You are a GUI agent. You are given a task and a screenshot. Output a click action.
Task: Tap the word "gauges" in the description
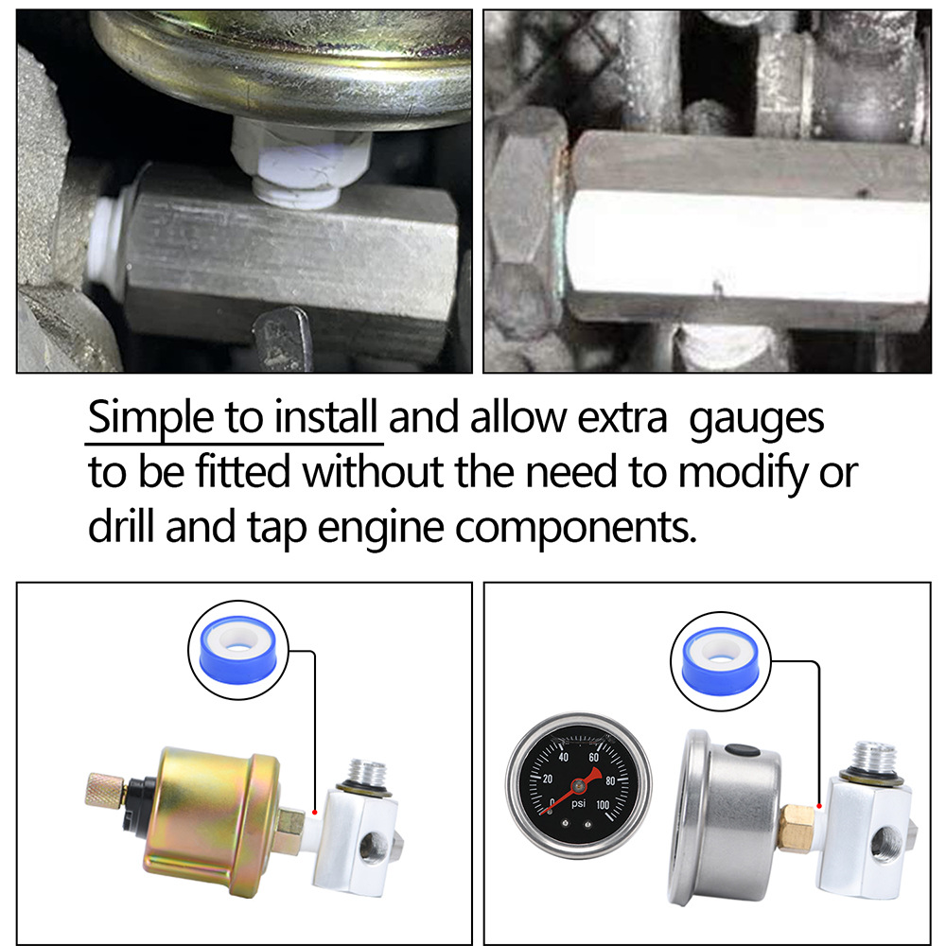(x=757, y=419)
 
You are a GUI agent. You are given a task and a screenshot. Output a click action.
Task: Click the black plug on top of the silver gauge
(x=743, y=752)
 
